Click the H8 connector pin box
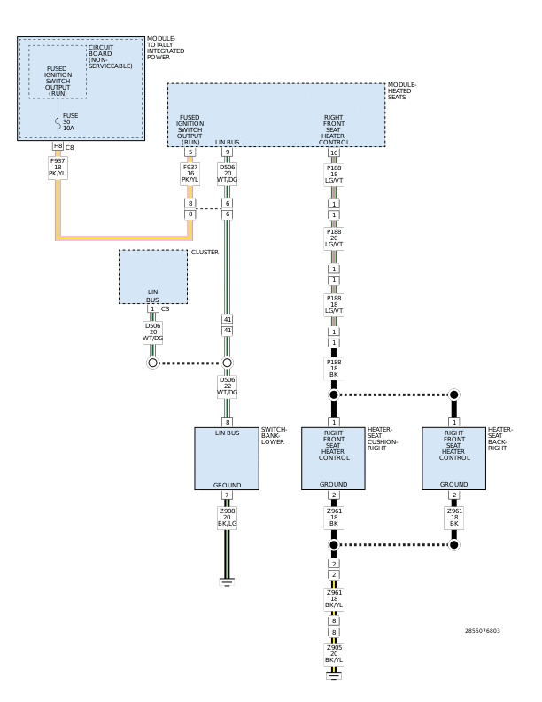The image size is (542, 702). (x=58, y=146)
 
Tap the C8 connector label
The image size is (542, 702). (x=69, y=147)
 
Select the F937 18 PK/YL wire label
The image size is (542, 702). (x=58, y=168)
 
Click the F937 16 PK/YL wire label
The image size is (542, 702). (x=190, y=173)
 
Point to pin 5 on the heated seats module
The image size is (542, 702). (x=190, y=152)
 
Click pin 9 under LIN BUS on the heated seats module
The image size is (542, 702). (x=228, y=152)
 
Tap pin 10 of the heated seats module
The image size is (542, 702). (x=334, y=152)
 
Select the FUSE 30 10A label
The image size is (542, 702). (x=70, y=121)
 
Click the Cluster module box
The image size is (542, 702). (x=153, y=277)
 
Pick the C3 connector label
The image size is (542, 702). (x=165, y=309)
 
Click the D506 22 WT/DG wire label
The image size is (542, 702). (x=228, y=386)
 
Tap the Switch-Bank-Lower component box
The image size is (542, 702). (x=227, y=458)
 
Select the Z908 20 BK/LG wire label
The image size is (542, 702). (x=228, y=517)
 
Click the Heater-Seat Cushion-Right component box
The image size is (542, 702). (x=333, y=458)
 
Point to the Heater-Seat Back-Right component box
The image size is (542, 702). (x=454, y=458)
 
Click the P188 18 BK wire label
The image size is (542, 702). (x=334, y=368)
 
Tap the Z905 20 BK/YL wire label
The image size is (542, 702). (x=334, y=653)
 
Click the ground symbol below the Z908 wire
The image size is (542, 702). (x=227, y=582)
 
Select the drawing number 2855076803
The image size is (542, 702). (x=482, y=631)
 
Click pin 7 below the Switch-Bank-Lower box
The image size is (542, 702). (x=227, y=495)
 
